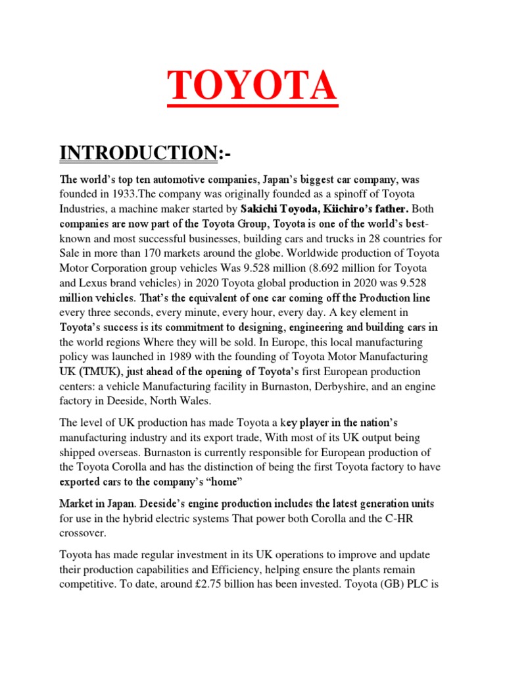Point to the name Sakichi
[252, 209]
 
